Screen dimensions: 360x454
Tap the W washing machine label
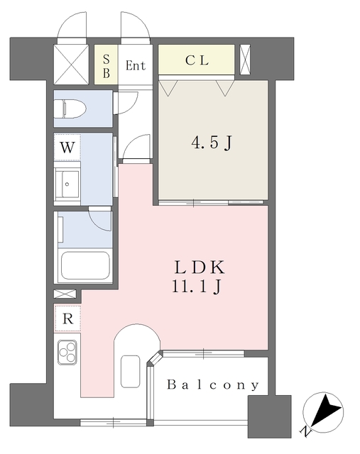67,148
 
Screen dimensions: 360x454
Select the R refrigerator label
68,319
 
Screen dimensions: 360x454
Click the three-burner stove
67,352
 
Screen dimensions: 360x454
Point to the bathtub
86,266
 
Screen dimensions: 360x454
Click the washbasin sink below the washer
67,184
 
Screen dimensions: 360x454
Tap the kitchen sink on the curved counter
131,371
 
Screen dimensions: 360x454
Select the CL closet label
197,60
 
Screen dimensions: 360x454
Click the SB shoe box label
107,66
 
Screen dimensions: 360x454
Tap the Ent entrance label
136,65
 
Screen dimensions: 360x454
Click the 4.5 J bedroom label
212,143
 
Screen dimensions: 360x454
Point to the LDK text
200,267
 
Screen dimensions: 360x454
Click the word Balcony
213,384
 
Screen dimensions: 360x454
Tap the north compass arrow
325,411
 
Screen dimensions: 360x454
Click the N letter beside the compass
305,432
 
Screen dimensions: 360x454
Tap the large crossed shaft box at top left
71,65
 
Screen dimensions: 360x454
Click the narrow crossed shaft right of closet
245,60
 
